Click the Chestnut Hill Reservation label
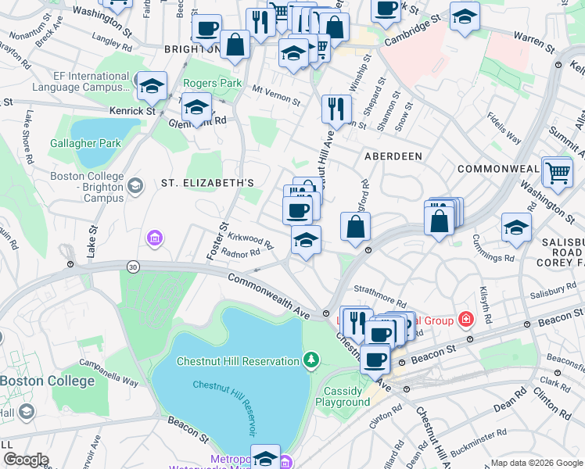click(x=238, y=360)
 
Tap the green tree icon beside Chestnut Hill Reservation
click(x=311, y=360)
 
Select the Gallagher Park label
click(x=85, y=143)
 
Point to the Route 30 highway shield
click(x=134, y=267)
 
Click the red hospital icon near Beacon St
click(x=466, y=318)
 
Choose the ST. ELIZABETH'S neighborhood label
click(x=207, y=183)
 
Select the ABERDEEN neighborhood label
click(x=393, y=156)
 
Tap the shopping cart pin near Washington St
click(x=557, y=173)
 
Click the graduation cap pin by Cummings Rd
click(x=516, y=228)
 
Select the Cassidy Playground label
click(x=343, y=396)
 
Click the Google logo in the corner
click(x=26, y=460)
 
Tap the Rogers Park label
click(x=212, y=83)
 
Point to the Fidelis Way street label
click(x=504, y=129)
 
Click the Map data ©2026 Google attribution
click(x=535, y=463)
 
